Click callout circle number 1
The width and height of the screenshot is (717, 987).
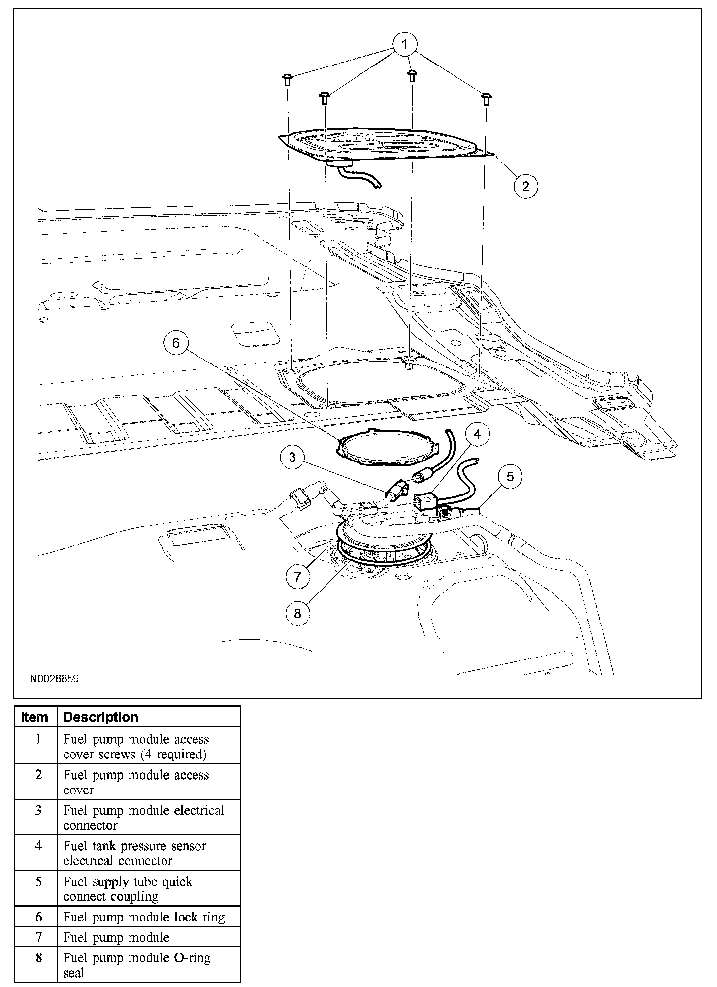[405, 45]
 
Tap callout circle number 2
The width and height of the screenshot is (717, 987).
[525, 186]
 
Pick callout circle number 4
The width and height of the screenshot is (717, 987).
[477, 434]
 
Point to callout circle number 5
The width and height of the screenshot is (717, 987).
[510, 476]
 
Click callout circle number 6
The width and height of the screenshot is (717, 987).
[176, 342]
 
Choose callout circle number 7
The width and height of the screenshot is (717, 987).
[297, 577]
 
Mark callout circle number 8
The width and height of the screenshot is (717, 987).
[297, 614]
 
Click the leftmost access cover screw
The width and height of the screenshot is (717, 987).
[288, 80]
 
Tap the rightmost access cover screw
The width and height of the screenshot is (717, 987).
[487, 99]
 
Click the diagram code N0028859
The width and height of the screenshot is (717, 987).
[54, 679]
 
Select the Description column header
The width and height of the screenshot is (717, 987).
[101, 717]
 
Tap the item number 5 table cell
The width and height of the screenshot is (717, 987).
[38, 882]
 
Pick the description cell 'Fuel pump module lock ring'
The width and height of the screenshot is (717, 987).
[144, 917]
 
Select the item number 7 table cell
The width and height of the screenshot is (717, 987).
[38, 937]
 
